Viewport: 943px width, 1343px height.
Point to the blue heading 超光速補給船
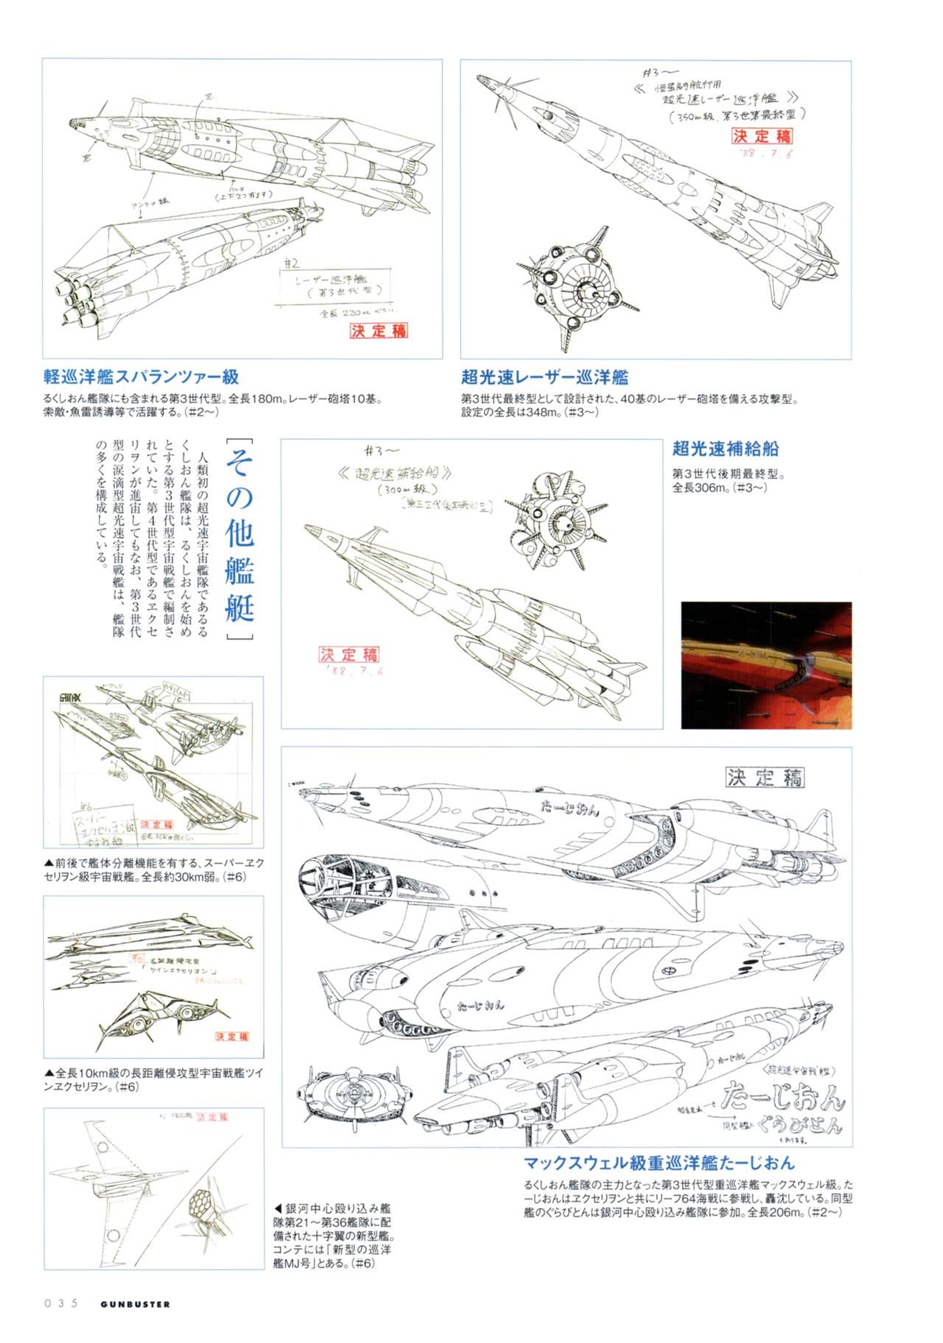tap(725, 449)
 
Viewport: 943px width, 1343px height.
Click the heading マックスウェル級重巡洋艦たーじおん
tap(659, 1163)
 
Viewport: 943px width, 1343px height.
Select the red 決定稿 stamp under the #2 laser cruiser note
tap(379, 331)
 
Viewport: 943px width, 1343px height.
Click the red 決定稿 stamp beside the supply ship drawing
tap(348, 654)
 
